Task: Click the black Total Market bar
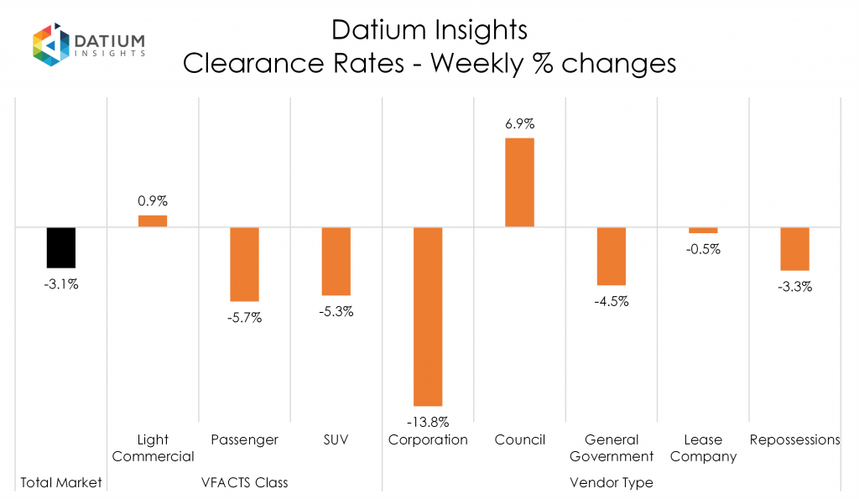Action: pyautogui.click(x=61, y=247)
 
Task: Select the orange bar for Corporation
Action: pyautogui.click(x=428, y=316)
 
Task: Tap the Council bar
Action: pyautogui.click(x=519, y=182)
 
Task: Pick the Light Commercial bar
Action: pyautogui.click(x=153, y=221)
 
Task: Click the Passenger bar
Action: pyautogui.click(x=244, y=264)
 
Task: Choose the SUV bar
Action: pyautogui.click(x=336, y=261)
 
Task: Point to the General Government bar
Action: pyautogui.click(x=611, y=256)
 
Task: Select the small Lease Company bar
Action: pyautogui.click(x=703, y=230)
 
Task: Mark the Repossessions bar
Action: pyautogui.click(x=794, y=248)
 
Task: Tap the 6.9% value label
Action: pyautogui.click(x=519, y=124)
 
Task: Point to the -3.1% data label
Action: pyautogui.click(x=61, y=284)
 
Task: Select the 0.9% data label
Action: pyautogui.click(x=153, y=201)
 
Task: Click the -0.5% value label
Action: pyautogui.click(x=703, y=249)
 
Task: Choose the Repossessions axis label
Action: pyautogui.click(x=794, y=439)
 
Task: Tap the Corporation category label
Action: pyautogui.click(x=428, y=439)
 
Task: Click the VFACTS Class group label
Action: pyautogui.click(x=244, y=482)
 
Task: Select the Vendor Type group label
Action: pyautogui.click(x=611, y=482)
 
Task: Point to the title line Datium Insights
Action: pyautogui.click(x=429, y=30)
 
